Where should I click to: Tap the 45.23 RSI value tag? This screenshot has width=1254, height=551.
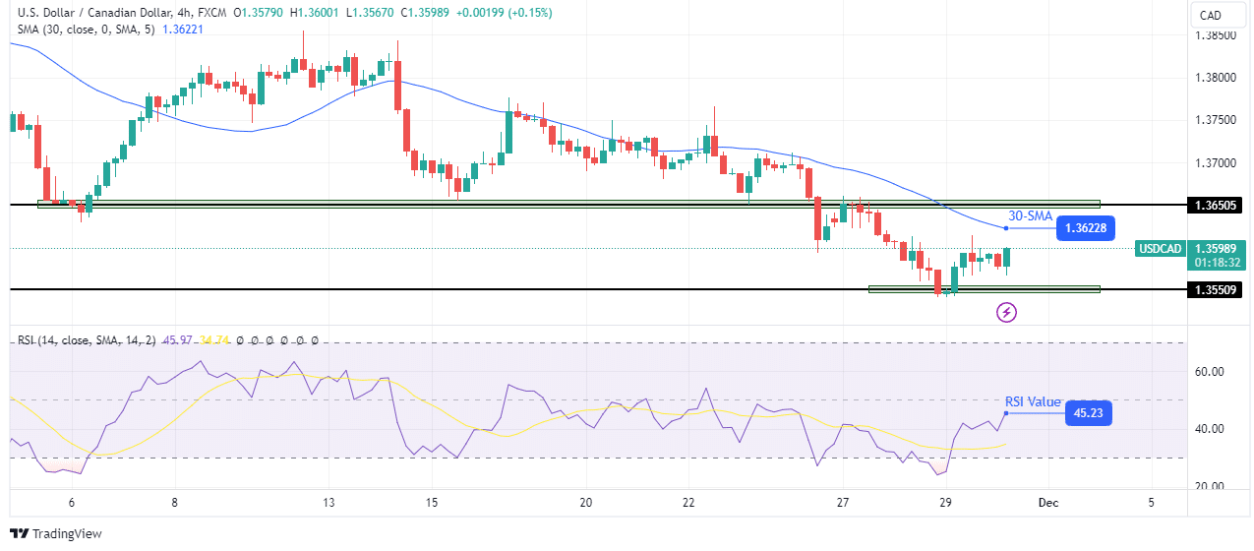(x=1090, y=414)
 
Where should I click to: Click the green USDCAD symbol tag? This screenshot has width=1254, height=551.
(x=1159, y=249)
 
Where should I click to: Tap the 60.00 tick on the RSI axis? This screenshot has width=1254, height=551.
(x=1208, y=372)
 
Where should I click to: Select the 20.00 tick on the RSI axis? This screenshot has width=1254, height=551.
(x=1208, y=486)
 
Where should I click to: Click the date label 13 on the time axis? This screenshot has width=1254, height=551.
(x=328, y=503)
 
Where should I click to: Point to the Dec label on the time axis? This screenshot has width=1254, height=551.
(x=1048, y=503)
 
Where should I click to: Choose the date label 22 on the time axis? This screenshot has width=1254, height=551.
(x=688, y=503)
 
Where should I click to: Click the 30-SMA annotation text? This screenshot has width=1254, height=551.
(x=1030, y=215)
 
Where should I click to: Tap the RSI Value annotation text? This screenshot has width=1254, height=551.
(x=1033, y=401)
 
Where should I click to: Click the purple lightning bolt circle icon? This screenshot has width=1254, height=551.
(x=1006, y=313)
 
